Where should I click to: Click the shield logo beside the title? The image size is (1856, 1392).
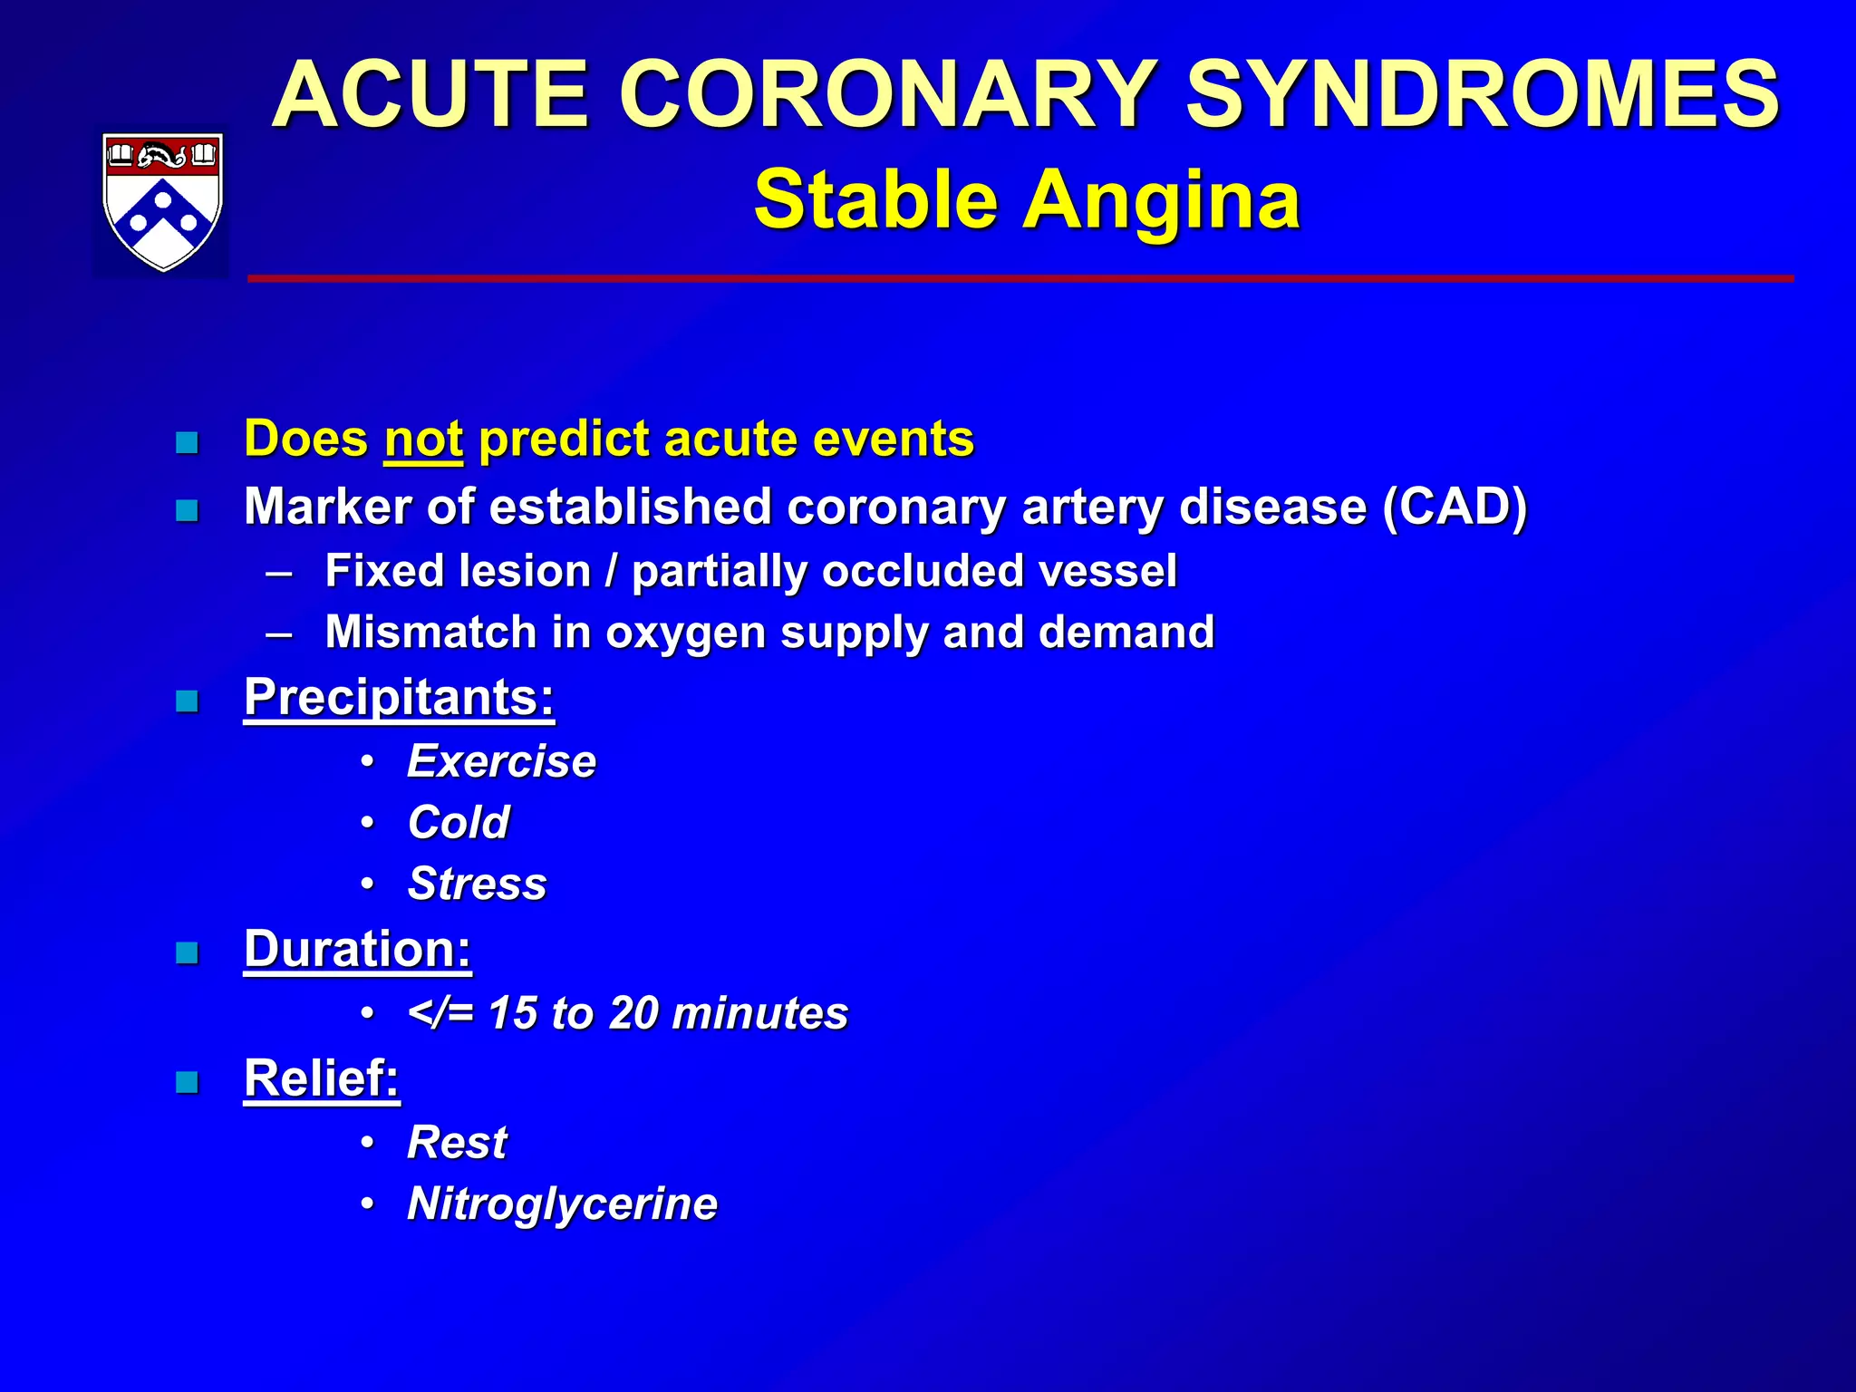click(x=162, y=201)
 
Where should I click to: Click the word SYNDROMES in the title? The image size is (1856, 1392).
click(x=1483, y=94)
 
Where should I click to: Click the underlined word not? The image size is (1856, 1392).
click(x=423, y=440)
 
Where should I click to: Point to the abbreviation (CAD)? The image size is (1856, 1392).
click(x=1455, y=506)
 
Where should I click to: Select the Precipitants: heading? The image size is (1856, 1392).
click(x=399, y=697)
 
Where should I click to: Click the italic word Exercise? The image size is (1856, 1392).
click(x=501, y=761)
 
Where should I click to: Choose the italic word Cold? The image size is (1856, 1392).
click(x=459, y=823)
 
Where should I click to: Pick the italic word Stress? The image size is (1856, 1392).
click(x=478, y=884)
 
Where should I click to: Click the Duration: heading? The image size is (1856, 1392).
click(x=358, y=949)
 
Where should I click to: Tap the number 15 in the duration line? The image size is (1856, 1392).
click(x=513, y=1013)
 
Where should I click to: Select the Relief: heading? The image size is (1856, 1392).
click(x=322, y=1078)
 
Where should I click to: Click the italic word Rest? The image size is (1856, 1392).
click(x=457, y=1142)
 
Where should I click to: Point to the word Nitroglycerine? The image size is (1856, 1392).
click(x=562, y=1204)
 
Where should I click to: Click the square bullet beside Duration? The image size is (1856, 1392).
click(x=187, y=953)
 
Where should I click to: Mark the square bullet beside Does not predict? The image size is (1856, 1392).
click(x=187, y=443)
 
